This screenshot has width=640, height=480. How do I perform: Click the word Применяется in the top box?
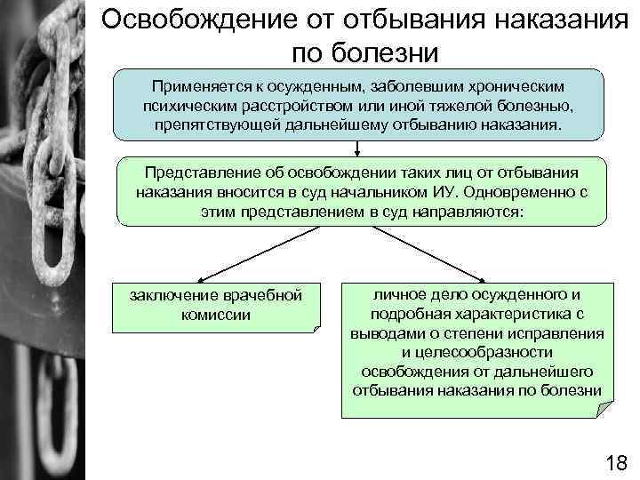(x=196, y=87)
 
